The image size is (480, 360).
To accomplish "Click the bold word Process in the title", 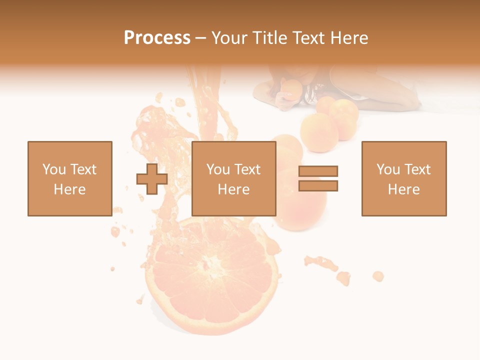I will (x=157, y=38).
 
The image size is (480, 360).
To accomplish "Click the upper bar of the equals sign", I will (x=318, y=171).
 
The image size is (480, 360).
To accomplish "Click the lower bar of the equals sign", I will (x=318, y=185).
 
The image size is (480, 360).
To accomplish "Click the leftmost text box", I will (x=69, y=178).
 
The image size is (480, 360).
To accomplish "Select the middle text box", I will (x=233, y=178).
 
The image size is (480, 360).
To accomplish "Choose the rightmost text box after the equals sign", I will (x=403, y=178).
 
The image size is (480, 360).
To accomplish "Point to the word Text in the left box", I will (x=83, y=169).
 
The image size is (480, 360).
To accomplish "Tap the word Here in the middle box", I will (x=233, y=189).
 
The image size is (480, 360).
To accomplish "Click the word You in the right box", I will (x=388, y=169).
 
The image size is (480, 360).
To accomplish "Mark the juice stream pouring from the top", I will (x=205, y=100).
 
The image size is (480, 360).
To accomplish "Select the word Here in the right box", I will (x=403, y=189).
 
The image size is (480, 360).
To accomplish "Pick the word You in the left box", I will (x=54, y=169).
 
